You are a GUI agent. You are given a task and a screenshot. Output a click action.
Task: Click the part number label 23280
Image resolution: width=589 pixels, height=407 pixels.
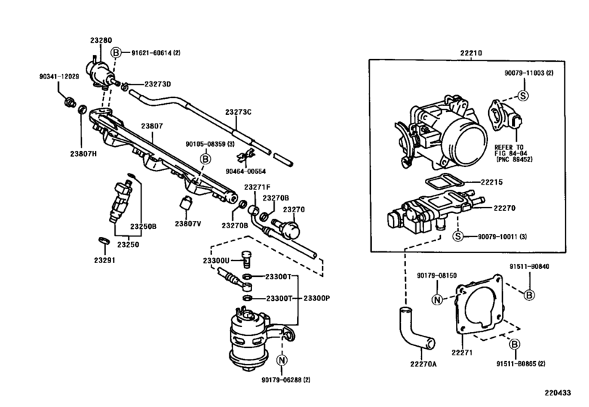[x=101, y=40]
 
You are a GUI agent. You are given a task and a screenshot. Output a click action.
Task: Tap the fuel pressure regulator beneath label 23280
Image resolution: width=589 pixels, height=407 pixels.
[x=99, y=73]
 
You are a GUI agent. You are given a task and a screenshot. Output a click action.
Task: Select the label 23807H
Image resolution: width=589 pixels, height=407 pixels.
[x=83, y=153]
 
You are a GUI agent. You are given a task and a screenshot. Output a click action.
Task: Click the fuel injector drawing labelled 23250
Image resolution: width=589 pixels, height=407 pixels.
[x=121, y=201]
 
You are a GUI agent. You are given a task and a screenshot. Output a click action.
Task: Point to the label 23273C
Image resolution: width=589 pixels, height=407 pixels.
[x=238, y=112]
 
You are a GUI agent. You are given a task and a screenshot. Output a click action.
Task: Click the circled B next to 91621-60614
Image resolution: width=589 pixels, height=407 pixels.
[x=116, y=52]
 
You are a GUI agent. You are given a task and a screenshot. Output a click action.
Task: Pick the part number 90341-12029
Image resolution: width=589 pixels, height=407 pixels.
[x=59, y=76]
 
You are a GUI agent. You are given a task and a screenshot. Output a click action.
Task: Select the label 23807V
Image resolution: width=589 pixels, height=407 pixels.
[x=188, y=224]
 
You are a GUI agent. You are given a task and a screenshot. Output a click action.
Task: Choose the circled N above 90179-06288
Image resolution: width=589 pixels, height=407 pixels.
[x=282, y=360]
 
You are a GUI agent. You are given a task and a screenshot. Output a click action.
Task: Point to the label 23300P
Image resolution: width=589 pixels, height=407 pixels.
[x=317, y=299]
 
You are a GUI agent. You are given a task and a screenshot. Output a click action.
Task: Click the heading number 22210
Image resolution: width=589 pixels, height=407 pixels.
[x=471, y=53]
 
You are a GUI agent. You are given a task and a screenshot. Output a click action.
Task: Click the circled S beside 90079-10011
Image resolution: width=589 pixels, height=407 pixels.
[x=458, y=236]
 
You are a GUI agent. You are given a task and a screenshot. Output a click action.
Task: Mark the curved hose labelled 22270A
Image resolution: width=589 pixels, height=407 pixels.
[x=416, y=327]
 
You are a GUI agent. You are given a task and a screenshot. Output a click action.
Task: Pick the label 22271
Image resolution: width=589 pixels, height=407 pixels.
[x=462, y=352]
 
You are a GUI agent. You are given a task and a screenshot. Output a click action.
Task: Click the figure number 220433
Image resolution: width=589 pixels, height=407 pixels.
[x=558, y=392]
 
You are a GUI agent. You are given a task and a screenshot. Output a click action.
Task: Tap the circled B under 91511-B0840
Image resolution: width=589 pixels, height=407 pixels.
[x=529, y=295]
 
